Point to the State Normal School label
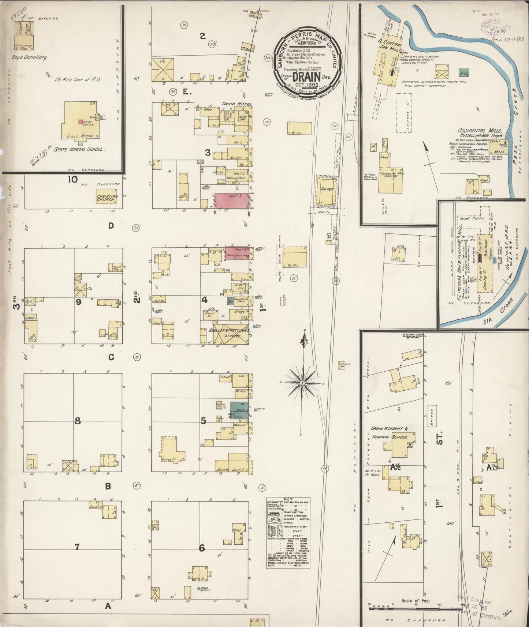click(x=80, y=149)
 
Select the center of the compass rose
click(x=303, y=383)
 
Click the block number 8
click(x=77, y=421)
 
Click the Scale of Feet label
click(x=416, y=600)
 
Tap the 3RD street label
click(x=16, y=304)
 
